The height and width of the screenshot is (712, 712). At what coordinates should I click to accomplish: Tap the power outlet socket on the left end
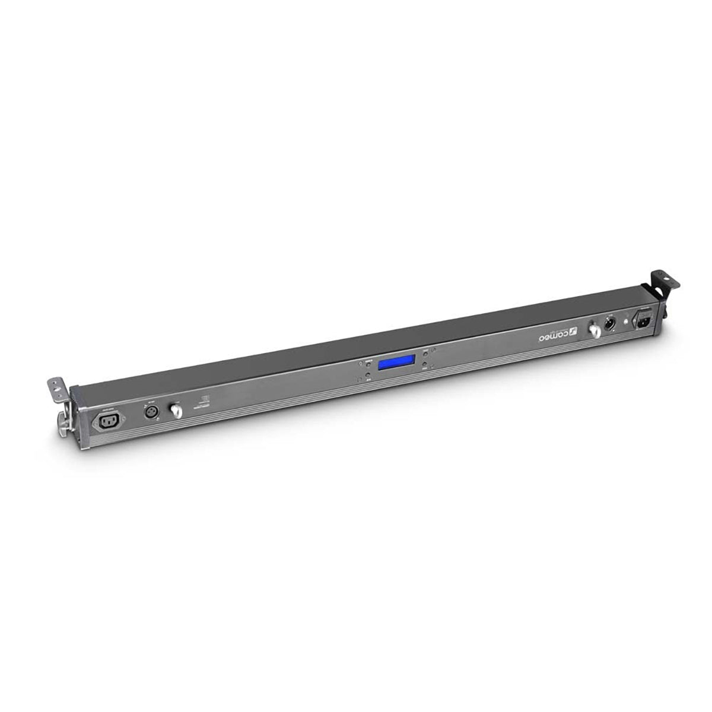coord(107,421)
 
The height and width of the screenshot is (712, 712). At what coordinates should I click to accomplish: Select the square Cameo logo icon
coord(573,331)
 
